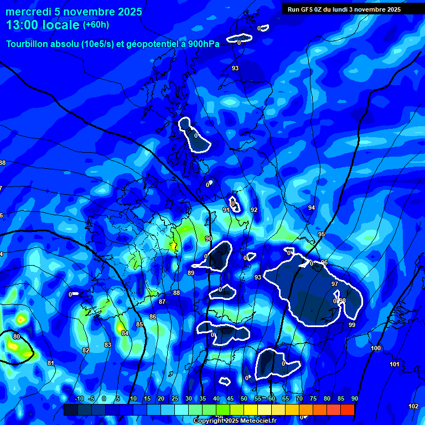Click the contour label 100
tap(376, 348)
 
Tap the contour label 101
tap(395, 364)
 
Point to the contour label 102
tap(413, 406)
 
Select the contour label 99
tap(352, 325)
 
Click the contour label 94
tap(312, 208)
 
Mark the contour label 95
tap(322, 235)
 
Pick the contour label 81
tap(51, 363)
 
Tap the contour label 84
tap(125, 333)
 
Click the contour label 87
tap(162, 302)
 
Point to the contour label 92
tap(254, 210)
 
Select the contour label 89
tap(191, 273)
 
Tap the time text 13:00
tap(22, 25)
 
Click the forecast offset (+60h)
tap(96, 25)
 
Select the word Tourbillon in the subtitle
tap(28, 44)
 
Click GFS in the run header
tap(308, 9)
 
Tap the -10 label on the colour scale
tap(79, 398)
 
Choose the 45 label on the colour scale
tap(230, 398)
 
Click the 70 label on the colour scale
tap(299, 398)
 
